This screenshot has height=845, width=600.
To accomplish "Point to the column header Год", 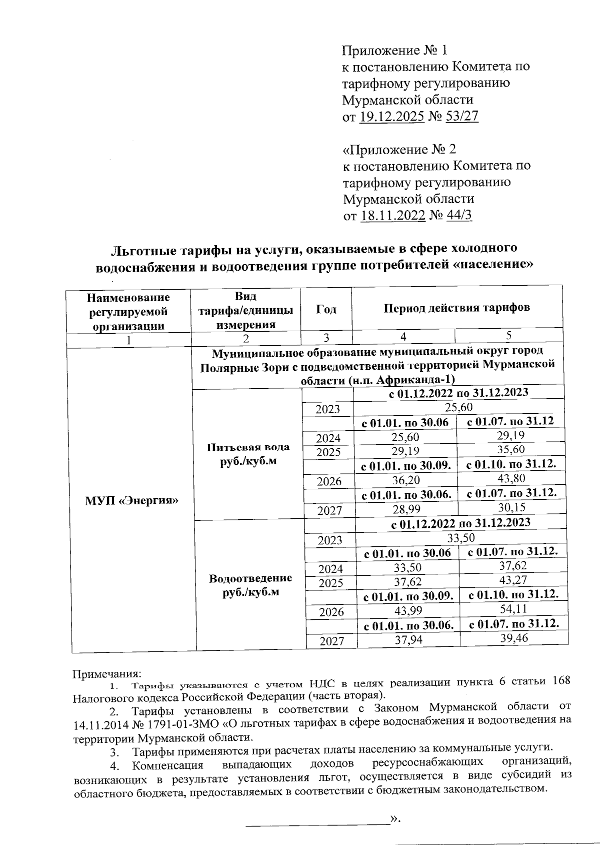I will (x=326, y=309).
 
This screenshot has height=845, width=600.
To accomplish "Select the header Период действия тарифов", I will (x=456, y=308).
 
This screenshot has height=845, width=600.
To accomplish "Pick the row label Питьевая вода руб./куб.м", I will (x=248, y=454).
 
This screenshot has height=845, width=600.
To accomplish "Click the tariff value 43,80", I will (x=510, y=479).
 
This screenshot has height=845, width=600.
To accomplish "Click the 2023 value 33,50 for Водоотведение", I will (x=460, y=538).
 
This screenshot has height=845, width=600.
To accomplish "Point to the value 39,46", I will (x=513, y=637).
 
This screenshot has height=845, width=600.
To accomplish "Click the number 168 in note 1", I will (x=561, y=681).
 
